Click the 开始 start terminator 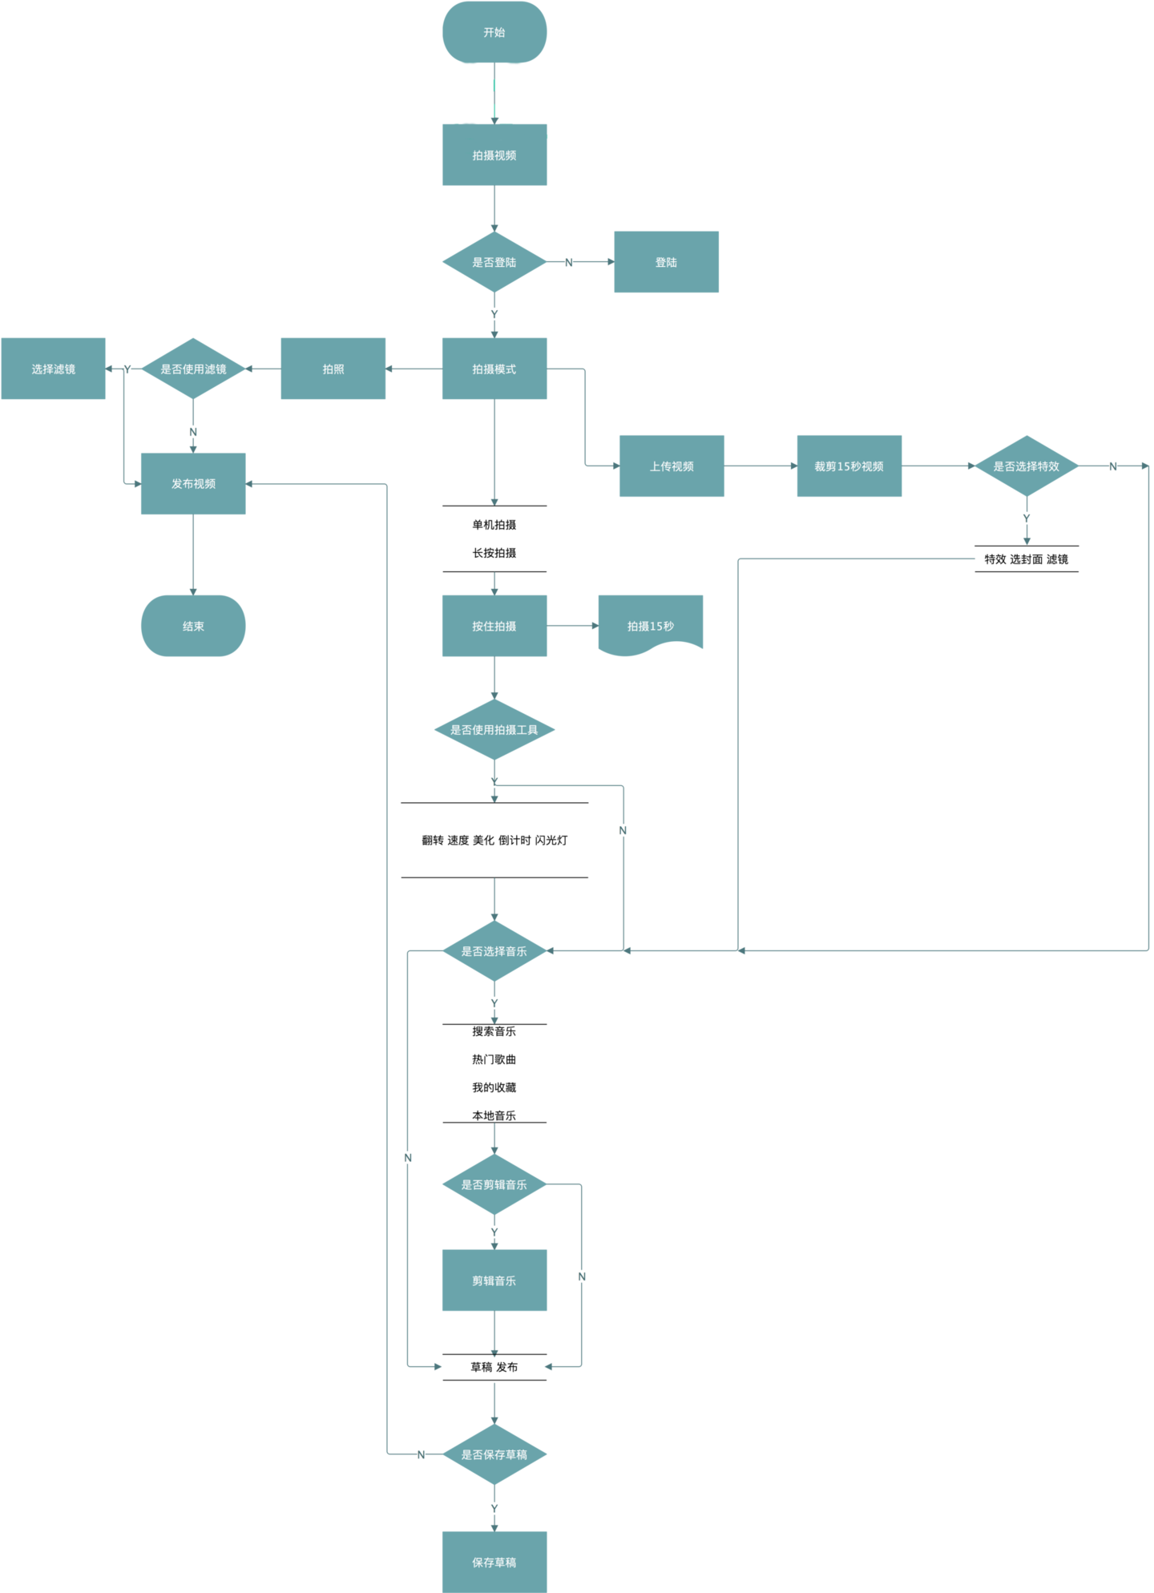tap(494, 33)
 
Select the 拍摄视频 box tap(494, 155)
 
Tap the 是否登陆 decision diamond tap(494, 262)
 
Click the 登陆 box tap(666, 262)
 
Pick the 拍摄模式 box tap(494, 369)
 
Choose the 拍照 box tap(333, 369)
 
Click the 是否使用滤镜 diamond tap(193, 369)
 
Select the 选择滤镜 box tap(54, 369)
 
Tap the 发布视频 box tap(193, 483)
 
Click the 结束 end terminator tap(193, 626)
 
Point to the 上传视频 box tap(672, 466)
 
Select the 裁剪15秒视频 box tap(849, 466)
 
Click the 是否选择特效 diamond tap(1027, 466)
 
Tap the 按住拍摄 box tap(494, 626)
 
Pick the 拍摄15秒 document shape tap(651, 626)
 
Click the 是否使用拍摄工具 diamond tap(494, 729)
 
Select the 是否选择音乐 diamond tap(494, 951)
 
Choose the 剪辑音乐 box tap(494, 1280)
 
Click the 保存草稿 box tap(494, 1562)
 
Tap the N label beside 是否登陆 tap(569, 262)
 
